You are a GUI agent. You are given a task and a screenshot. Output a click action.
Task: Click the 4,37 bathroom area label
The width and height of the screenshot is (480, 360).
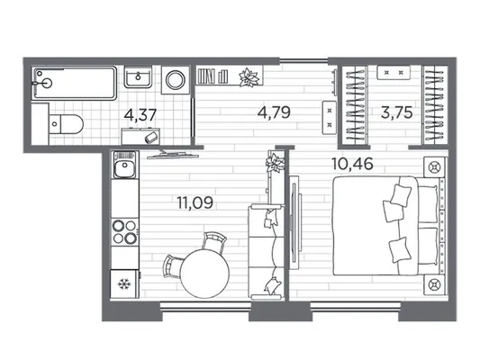140,115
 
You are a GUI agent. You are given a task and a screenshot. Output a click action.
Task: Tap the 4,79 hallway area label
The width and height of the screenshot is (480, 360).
274,112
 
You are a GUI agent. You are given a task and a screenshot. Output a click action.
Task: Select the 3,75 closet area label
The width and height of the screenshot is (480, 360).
397,112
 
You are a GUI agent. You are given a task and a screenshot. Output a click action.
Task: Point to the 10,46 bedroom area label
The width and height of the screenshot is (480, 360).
353,164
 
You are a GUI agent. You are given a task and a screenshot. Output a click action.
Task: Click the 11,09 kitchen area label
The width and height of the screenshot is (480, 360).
195,202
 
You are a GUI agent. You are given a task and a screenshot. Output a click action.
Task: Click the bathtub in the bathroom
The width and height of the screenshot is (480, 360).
75,83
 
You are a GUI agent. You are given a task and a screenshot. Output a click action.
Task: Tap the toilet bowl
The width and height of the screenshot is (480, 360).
66,124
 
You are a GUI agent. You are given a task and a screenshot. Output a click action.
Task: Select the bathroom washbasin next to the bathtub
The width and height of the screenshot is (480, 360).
138,76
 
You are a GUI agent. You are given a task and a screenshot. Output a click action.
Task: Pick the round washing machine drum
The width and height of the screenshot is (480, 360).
176,79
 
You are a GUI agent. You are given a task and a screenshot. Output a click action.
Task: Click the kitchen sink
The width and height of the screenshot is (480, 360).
124,166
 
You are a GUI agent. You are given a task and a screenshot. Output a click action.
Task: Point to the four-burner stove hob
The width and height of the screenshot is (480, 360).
124,231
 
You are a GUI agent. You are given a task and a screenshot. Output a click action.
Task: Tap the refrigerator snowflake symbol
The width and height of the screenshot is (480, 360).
124,284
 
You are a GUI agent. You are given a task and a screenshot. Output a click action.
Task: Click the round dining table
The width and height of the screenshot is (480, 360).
204,273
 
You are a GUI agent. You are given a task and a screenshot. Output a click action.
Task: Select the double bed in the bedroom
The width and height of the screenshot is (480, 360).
385,225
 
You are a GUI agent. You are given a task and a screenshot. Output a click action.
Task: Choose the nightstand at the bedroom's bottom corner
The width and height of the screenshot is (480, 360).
434,284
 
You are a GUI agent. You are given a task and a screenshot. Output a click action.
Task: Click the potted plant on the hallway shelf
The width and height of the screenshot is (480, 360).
249,76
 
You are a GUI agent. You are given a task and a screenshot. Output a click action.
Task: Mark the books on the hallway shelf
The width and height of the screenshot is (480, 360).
213,76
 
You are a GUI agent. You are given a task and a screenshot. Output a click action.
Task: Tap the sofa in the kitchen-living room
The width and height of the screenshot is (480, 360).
266,252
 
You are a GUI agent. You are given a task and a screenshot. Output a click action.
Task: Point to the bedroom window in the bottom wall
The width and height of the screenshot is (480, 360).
356,306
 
